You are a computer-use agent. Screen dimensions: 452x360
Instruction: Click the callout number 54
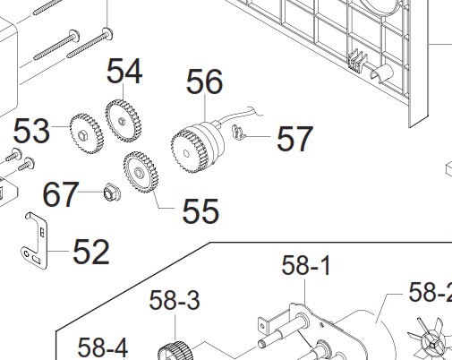tap(124, 71)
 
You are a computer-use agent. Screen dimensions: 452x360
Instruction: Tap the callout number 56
tap(204, 81)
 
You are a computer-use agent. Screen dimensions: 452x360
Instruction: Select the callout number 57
tap(294, 139)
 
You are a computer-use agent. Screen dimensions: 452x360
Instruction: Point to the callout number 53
tap(31, 131)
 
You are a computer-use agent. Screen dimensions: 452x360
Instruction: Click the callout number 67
tap(61, 194)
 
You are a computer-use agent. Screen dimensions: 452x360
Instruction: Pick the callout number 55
tap(200, 210)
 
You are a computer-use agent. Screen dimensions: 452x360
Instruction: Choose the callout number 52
tap(91, 252)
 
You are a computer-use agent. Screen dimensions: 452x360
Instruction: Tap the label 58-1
tap(306, 265)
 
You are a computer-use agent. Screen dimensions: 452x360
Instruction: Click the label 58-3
tap(175, 300)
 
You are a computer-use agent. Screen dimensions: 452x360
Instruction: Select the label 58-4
tap(103, 347)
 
